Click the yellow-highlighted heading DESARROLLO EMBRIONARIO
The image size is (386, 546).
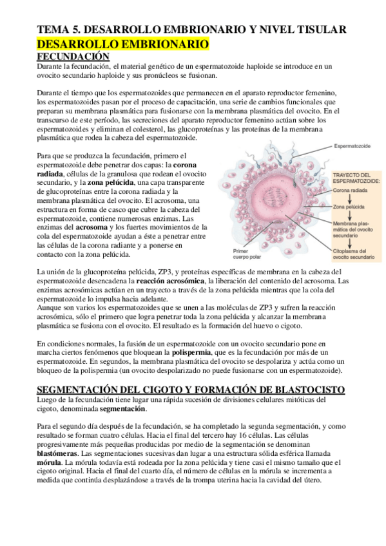point(123,44)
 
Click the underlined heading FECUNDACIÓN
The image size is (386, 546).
point(73,57)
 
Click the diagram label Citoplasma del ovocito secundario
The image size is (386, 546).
point(352,254)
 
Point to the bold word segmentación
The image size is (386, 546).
point(122,409)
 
